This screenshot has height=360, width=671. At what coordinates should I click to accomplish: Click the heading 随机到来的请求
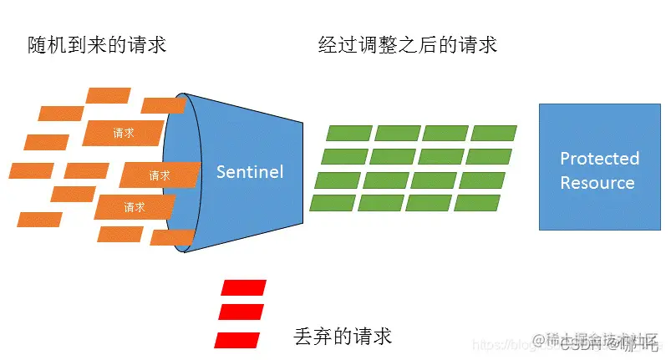pyautogui.click(x=97, y=44)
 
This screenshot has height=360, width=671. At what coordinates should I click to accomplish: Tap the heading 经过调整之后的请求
pyautogui.click(x=408, y=44)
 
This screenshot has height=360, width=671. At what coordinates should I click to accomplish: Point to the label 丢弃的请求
pyautogui.click(x=343, y=336)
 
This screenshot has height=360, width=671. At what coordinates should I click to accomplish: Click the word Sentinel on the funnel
pyautogui.click(x=250, y=172)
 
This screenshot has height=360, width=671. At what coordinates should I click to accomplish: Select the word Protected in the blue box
pyautogui.click(x=599, y=159)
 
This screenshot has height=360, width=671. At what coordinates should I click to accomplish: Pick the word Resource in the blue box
pyautogui.click(x=597, y=183)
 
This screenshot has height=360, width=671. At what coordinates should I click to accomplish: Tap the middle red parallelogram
pyautogui.click(x=241, y=312)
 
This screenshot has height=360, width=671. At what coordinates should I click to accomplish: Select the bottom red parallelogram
pyautogui.click(x=237, y=339)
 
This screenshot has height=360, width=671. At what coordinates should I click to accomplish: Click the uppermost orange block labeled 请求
pyautogui.click(x=124, y=132)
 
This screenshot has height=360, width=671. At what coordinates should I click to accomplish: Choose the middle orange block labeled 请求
pyautogui.click(x=160, y=175)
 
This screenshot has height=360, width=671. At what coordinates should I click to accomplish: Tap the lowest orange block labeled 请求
pyautogui.click(x=135, y=206)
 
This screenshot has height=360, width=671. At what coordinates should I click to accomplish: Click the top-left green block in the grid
pyautogui.click(x=348, y=133)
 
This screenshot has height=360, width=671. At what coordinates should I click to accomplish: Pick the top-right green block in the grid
pyautogui.click(x=494, y=133)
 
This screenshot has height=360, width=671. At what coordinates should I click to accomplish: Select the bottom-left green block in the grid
pyautogui.click(x=333, y=202)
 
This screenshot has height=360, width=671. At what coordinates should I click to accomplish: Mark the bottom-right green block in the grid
pyautogui.click(x=477, y=202)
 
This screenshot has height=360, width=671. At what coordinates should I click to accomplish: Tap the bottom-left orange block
pyautogui.click(x=39, y=220)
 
